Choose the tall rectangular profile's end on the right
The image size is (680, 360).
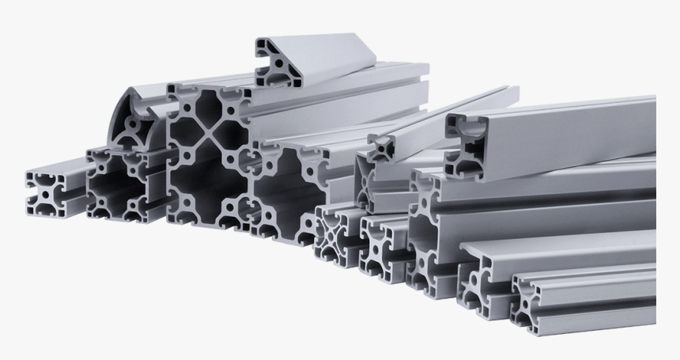coord(433,229)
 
